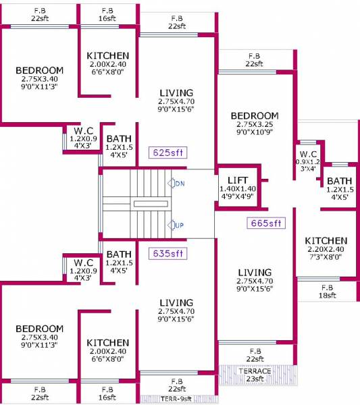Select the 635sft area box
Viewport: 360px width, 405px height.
(169, 254)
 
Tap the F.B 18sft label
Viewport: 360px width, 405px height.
(328, 291)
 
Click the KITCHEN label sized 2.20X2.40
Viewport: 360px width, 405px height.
(326, 241)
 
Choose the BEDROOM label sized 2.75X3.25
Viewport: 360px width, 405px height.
(254, 116)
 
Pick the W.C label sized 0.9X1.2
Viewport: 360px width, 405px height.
(308, 154)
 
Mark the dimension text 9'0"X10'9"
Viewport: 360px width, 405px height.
(254, 133)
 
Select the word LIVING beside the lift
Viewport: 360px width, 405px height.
(254, 272)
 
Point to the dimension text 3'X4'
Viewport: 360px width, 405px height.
(308, 169)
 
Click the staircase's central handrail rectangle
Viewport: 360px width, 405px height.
(150, 203)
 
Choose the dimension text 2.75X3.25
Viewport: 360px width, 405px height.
(254, 125)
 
